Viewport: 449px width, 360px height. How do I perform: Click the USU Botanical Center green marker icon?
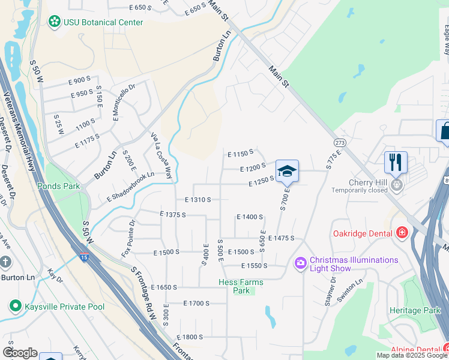click(x=54, y=22)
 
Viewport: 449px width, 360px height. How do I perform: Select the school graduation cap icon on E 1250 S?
click(x=287, y=170)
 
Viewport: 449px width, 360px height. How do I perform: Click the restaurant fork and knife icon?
click(x=396, y=162)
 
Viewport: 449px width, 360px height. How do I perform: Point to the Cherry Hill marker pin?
click(x=396, y=184)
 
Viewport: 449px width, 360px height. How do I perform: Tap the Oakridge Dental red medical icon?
click(x=402, y=232)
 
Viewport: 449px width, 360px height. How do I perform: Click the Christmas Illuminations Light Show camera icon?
click(x=300, y=263)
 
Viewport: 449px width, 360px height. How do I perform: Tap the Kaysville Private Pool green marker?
click(x=15, y=307)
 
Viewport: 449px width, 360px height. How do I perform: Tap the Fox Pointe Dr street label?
click(x=128, y=239)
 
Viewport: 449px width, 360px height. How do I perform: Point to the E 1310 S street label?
click(x=197, y=199)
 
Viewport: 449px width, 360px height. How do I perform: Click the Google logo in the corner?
click(x=20, y=353)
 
